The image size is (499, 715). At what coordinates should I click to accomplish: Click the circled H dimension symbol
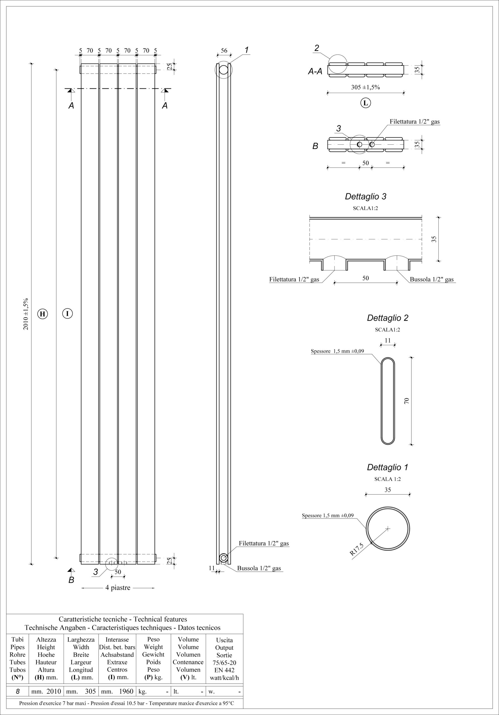pos(42,314)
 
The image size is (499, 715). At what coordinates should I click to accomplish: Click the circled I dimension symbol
pos(67,313)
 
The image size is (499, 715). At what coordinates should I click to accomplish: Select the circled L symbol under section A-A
pos(366,103)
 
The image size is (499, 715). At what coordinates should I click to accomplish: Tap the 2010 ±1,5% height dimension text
pos(26,314)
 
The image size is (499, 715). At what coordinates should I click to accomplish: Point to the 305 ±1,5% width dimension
pos(365,87)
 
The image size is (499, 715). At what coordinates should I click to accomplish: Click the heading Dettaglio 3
pos(365,197)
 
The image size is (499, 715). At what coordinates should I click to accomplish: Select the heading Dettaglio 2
pos(387,318)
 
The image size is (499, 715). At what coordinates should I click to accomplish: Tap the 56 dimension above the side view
pos(224,51)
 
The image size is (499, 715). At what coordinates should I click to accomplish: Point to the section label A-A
pos(315,71)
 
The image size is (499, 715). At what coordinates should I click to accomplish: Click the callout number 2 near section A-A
pos(317,48)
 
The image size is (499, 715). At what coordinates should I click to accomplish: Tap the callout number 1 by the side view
pos(246,50)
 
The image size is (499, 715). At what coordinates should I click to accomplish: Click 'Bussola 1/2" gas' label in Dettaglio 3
pos(432,279)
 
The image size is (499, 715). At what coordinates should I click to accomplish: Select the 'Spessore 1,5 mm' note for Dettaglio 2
pos(337,351)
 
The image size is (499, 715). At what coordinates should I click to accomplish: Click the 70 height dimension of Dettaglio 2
pos(406,401)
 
